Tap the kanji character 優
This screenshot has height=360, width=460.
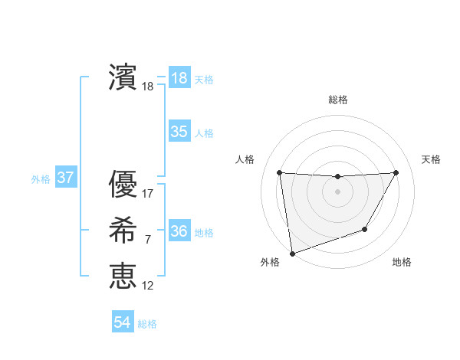[122, 185]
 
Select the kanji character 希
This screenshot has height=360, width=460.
[122, 230]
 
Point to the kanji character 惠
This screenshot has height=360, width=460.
[122, 276]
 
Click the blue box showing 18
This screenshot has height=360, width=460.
[179, 78]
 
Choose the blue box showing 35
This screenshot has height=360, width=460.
[179, 132]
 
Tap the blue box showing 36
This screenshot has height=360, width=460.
[179, 231]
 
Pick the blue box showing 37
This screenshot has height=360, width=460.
[66, 178]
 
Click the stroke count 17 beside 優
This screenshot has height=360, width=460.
[148, 194]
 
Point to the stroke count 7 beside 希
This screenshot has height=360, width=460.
[148, 240]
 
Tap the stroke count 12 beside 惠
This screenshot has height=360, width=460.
[148, 286]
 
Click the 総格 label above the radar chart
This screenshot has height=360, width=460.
[338, 100]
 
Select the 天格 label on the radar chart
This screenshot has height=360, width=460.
[432, 159]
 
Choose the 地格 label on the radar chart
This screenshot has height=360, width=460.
[402, 263]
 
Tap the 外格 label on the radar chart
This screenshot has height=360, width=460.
[270, 263]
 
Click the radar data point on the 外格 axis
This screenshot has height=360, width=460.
[292, 253]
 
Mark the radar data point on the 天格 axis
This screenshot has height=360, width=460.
[396, 172]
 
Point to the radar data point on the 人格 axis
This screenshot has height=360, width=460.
[280, 172]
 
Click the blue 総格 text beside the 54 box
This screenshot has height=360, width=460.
[147, 324]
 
